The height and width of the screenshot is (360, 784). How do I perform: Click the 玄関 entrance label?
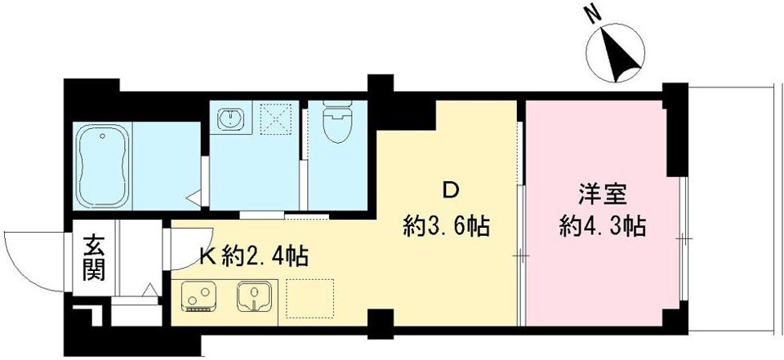93,256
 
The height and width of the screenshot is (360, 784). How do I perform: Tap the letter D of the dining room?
449,192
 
